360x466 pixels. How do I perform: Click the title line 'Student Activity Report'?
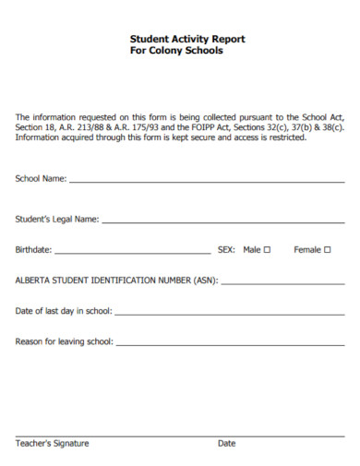pos(187,40)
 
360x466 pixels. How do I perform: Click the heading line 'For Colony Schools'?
pos(177,52)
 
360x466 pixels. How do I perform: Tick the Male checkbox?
pos(267,249)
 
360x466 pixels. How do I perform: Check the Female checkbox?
pos(328,249)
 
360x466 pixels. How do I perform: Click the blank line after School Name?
pos(207,181)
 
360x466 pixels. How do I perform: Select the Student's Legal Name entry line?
pos(222,221)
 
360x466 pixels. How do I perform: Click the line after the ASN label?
pos(282,282)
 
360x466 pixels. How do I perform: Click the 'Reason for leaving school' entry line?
pos(231,343)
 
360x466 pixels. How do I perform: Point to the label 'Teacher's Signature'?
pos(52,444)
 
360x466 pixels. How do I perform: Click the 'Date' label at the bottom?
pos(226,444)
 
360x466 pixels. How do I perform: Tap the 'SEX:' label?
pos(226,249)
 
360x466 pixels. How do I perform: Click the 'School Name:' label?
pos(42,178)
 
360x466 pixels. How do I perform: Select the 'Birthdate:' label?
pos(34,249)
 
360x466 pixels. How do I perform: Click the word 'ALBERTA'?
pos(33,280)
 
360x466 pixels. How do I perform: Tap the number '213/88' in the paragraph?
pos(90,127)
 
